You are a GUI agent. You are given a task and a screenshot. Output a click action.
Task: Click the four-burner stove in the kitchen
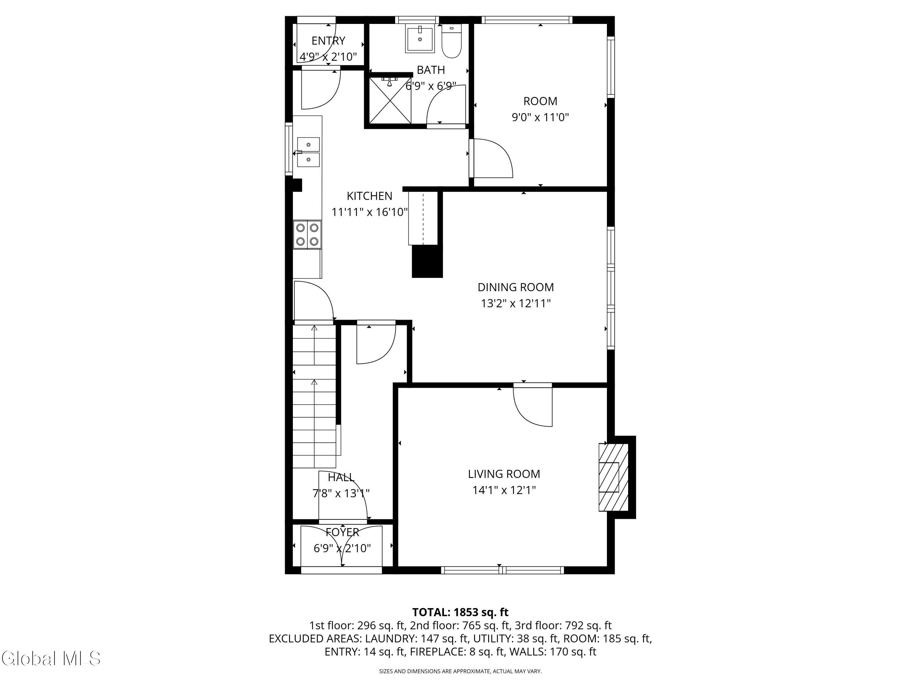[x=307, y=235]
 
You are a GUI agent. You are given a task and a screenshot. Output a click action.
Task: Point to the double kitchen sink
[x=308, y=152]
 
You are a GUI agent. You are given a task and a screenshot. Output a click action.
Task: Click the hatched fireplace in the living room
[x=613, y=477]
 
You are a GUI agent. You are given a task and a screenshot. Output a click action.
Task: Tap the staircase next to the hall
[x=314, y=396]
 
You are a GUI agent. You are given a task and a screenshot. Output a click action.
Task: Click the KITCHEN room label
[x=370, y=196]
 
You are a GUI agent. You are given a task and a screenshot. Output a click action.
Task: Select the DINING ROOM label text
[x=515, y=287]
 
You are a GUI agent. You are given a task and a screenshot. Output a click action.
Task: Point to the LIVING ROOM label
[x=504, y=474]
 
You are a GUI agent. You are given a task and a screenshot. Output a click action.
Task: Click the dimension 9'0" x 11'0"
[x=540, y=117]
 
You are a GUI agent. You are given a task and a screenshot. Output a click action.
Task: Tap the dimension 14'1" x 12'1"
[x=504, y=490]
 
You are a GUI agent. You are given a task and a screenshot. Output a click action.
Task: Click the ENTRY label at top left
[x=328, y=41]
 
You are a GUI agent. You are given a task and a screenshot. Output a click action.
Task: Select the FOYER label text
[x=342, y=532]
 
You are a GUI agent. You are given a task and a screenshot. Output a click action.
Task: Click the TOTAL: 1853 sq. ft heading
[x=460, y=612]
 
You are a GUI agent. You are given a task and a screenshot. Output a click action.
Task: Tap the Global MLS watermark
[x=51, y=658]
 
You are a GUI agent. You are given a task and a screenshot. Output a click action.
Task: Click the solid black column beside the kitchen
[x=427, y=261]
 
